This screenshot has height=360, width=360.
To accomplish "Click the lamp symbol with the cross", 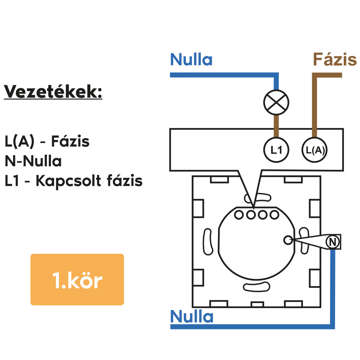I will pyautogui.click(x=276, y=102).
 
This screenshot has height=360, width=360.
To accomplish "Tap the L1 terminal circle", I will pyautogui.click(x=276, y=150).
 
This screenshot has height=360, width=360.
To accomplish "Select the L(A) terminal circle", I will pyautogui.click(x=314, y=150).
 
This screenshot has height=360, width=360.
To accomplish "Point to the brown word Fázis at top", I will pyautogui.click(x=334, y=60).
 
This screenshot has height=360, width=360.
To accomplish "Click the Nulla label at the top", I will pyautogui.click(x=191, y=60).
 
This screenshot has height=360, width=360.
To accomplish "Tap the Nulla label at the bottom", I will pyautogui.click(x=192, y=317).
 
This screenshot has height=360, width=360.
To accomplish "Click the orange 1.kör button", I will pyautogui.click(x=77, y=279).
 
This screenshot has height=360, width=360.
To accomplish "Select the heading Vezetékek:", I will pyautogui.click(x=53, y=92).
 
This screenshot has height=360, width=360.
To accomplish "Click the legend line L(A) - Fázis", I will pyautogui.click(x=47, y=141).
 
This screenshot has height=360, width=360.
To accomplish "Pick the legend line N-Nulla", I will pyautogui.click(x=33, y=161).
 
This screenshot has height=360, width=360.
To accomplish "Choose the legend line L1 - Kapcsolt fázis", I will pyautogui.click(x=73, y=181).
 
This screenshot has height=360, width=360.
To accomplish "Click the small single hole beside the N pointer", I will pyautogui.click(x=288, y=240).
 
